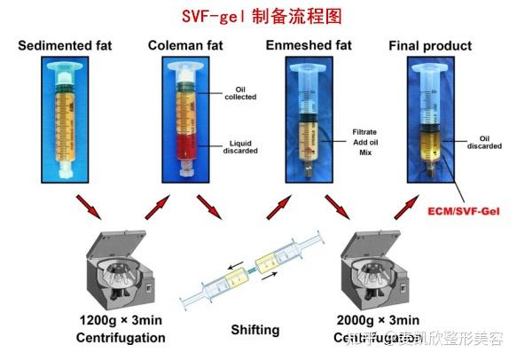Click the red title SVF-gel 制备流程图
257,15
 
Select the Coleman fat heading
187,45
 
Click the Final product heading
431,45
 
